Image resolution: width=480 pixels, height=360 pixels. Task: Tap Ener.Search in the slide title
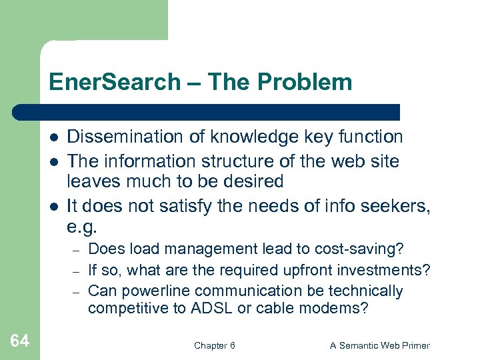(115, 82)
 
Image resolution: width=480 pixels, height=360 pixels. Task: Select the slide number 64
(20, 341)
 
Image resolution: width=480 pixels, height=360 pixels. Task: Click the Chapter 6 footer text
(214, 345)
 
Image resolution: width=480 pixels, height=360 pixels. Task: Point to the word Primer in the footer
(415, 345)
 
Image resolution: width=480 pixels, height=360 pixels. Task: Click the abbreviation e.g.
(82, 226)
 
